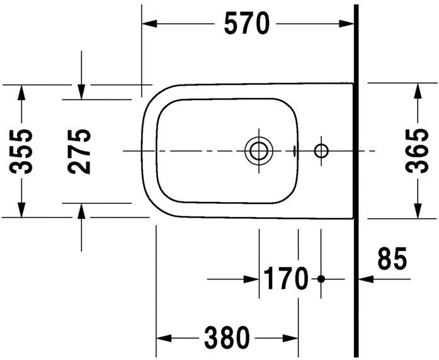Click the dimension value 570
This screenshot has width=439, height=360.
(x=247, y=24)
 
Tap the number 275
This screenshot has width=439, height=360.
(x=80, y=151)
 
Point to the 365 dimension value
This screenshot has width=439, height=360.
(x=417, y=151)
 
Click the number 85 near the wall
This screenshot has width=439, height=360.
(x=392, y=259)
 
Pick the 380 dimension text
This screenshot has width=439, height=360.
(x=226, y=339)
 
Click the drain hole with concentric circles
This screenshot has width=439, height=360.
(x=258, y=150)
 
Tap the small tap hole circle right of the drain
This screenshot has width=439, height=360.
(x=321, y=150)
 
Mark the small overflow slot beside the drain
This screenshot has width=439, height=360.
(x=294, y=150)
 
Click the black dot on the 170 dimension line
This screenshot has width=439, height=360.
(x=321, y=278)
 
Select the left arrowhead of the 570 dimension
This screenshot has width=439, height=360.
(x=149, y=24)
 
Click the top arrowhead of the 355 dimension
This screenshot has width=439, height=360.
(x=21, y=91)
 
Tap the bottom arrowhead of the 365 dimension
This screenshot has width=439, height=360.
(x=417, y=211)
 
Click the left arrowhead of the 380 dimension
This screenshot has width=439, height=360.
(x=163, y=339)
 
